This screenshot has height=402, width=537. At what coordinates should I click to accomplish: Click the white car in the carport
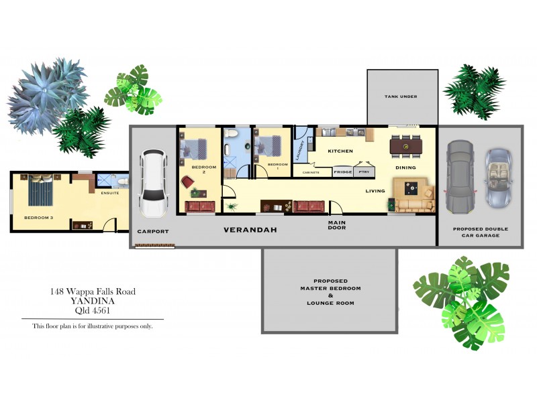click(152, 179)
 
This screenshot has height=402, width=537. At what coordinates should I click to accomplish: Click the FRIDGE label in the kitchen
click(343, 172)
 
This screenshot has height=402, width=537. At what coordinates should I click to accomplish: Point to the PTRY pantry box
click(364, 172)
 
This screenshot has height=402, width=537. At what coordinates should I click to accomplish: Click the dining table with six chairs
click(407, 144)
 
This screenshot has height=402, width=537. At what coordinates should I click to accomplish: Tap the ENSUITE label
click(110, 193)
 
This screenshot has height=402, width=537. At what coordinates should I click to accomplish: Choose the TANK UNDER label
click(401, 96)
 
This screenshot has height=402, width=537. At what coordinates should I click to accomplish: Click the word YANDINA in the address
click(92, 301)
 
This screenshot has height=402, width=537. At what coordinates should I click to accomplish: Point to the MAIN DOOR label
click(337, 224)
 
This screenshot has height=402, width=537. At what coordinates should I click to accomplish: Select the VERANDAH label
click(250, 230)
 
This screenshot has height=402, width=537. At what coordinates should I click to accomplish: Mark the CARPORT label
click(153, 231)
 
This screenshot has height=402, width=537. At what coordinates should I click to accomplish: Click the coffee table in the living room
click(408, 188)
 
